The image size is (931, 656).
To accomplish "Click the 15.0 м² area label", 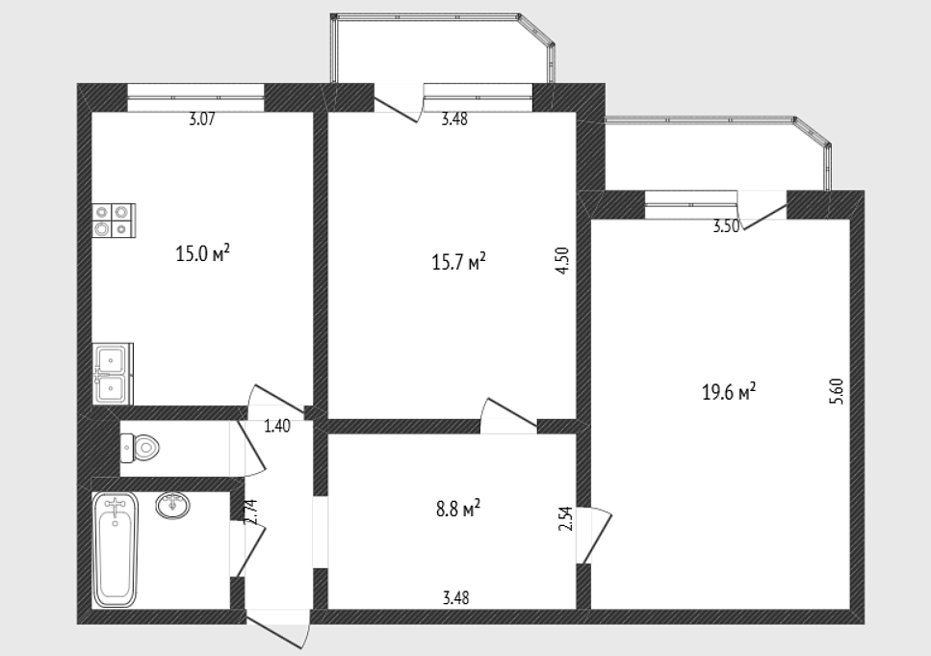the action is [x=202, y=253].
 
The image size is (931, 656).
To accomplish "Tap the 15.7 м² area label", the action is [x=458, y=261].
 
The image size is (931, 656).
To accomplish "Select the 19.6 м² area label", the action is [x=729, y=392].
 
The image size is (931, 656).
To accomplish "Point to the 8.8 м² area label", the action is [x=457, y=509].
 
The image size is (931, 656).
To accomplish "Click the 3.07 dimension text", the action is [x=201, y=118].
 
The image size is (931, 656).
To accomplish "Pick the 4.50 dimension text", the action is [x=563, y=260].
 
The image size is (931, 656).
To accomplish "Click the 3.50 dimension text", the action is [x=726, y=226].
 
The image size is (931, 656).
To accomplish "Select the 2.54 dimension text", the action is [x=566, y=518].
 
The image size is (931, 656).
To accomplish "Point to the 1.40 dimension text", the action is [x=276, y=426].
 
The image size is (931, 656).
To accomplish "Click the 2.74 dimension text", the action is [x=250, y=512].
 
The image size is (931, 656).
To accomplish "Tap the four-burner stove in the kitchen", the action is [x=114, y=221].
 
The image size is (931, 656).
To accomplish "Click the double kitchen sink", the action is [x=113, y=375].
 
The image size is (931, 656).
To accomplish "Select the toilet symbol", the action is [x=141, y=448].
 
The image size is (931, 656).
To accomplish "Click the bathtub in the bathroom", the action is [x=116, y=550].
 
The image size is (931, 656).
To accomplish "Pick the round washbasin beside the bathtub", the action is [x=173, y=506].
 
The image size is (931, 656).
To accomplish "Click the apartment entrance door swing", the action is [x=278, y=634].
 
